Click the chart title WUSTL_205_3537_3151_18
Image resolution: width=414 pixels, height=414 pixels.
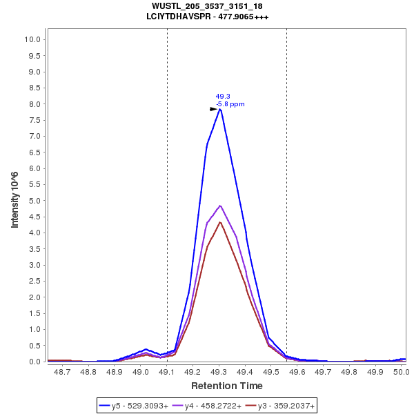click(207, 6)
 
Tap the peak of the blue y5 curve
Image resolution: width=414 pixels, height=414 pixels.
click(219, 109)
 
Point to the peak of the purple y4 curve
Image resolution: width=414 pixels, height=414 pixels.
click(220, 206)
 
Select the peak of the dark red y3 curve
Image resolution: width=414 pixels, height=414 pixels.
click(219, 222)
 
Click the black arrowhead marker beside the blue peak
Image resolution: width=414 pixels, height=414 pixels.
click(214, 109)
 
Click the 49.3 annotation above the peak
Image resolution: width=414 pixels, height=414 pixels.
click(223, 97)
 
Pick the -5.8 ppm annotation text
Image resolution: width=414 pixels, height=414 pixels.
click(230, 104)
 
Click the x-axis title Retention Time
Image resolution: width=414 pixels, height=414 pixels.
click(226, 385)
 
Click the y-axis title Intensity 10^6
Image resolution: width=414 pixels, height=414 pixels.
click(14, 200)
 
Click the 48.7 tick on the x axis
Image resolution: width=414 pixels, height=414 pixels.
click(62, 371)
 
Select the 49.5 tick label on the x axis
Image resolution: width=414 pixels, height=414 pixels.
click(271, 371)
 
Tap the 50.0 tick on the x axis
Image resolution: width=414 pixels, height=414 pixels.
click(401, 371)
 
